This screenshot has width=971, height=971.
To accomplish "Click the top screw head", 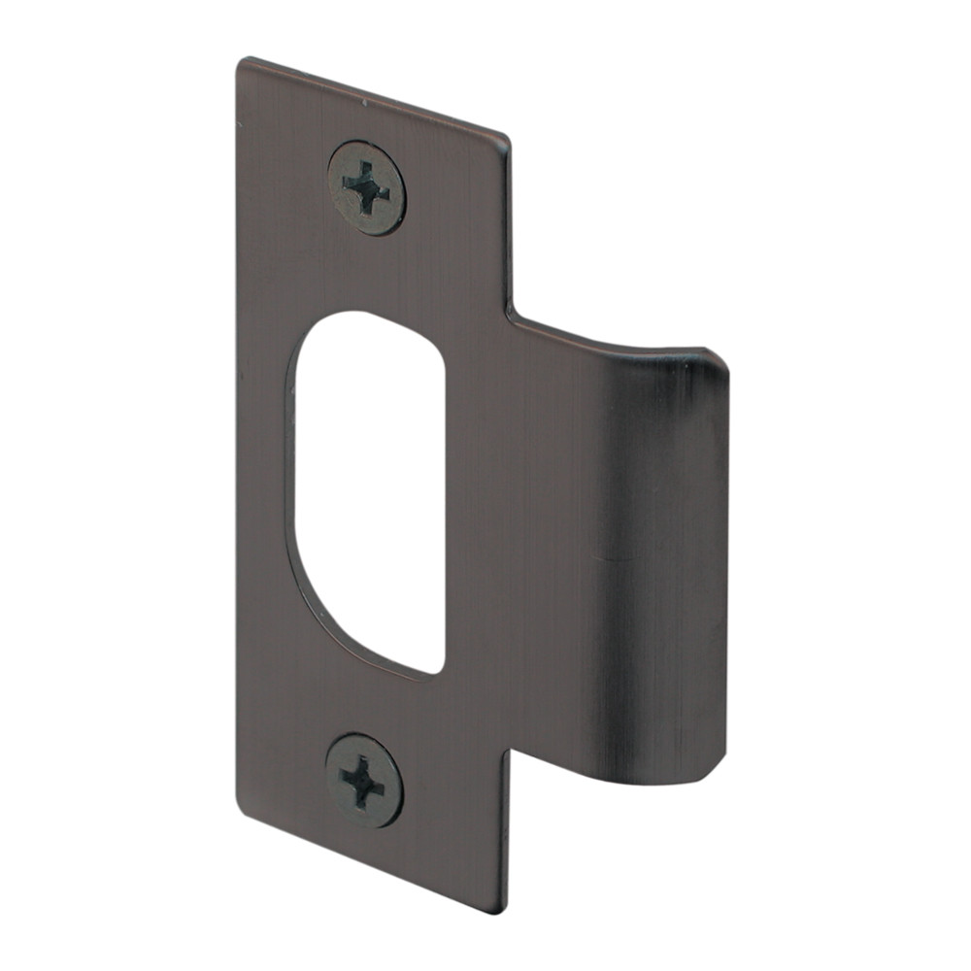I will [x=366, y=187].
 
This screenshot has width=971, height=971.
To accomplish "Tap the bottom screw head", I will [x=364, y=780].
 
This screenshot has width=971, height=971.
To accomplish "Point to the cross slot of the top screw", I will [x=366, y=186].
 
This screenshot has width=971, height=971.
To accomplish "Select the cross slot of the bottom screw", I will [x=363, y=780].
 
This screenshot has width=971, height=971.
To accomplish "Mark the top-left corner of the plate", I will [x=239, y=63].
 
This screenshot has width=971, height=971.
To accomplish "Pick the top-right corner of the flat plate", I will [x=506, y=138].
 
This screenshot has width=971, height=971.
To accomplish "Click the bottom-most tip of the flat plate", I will [x=503, y=911].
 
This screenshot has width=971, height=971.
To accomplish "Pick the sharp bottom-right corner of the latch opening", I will [x=442, y=672].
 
